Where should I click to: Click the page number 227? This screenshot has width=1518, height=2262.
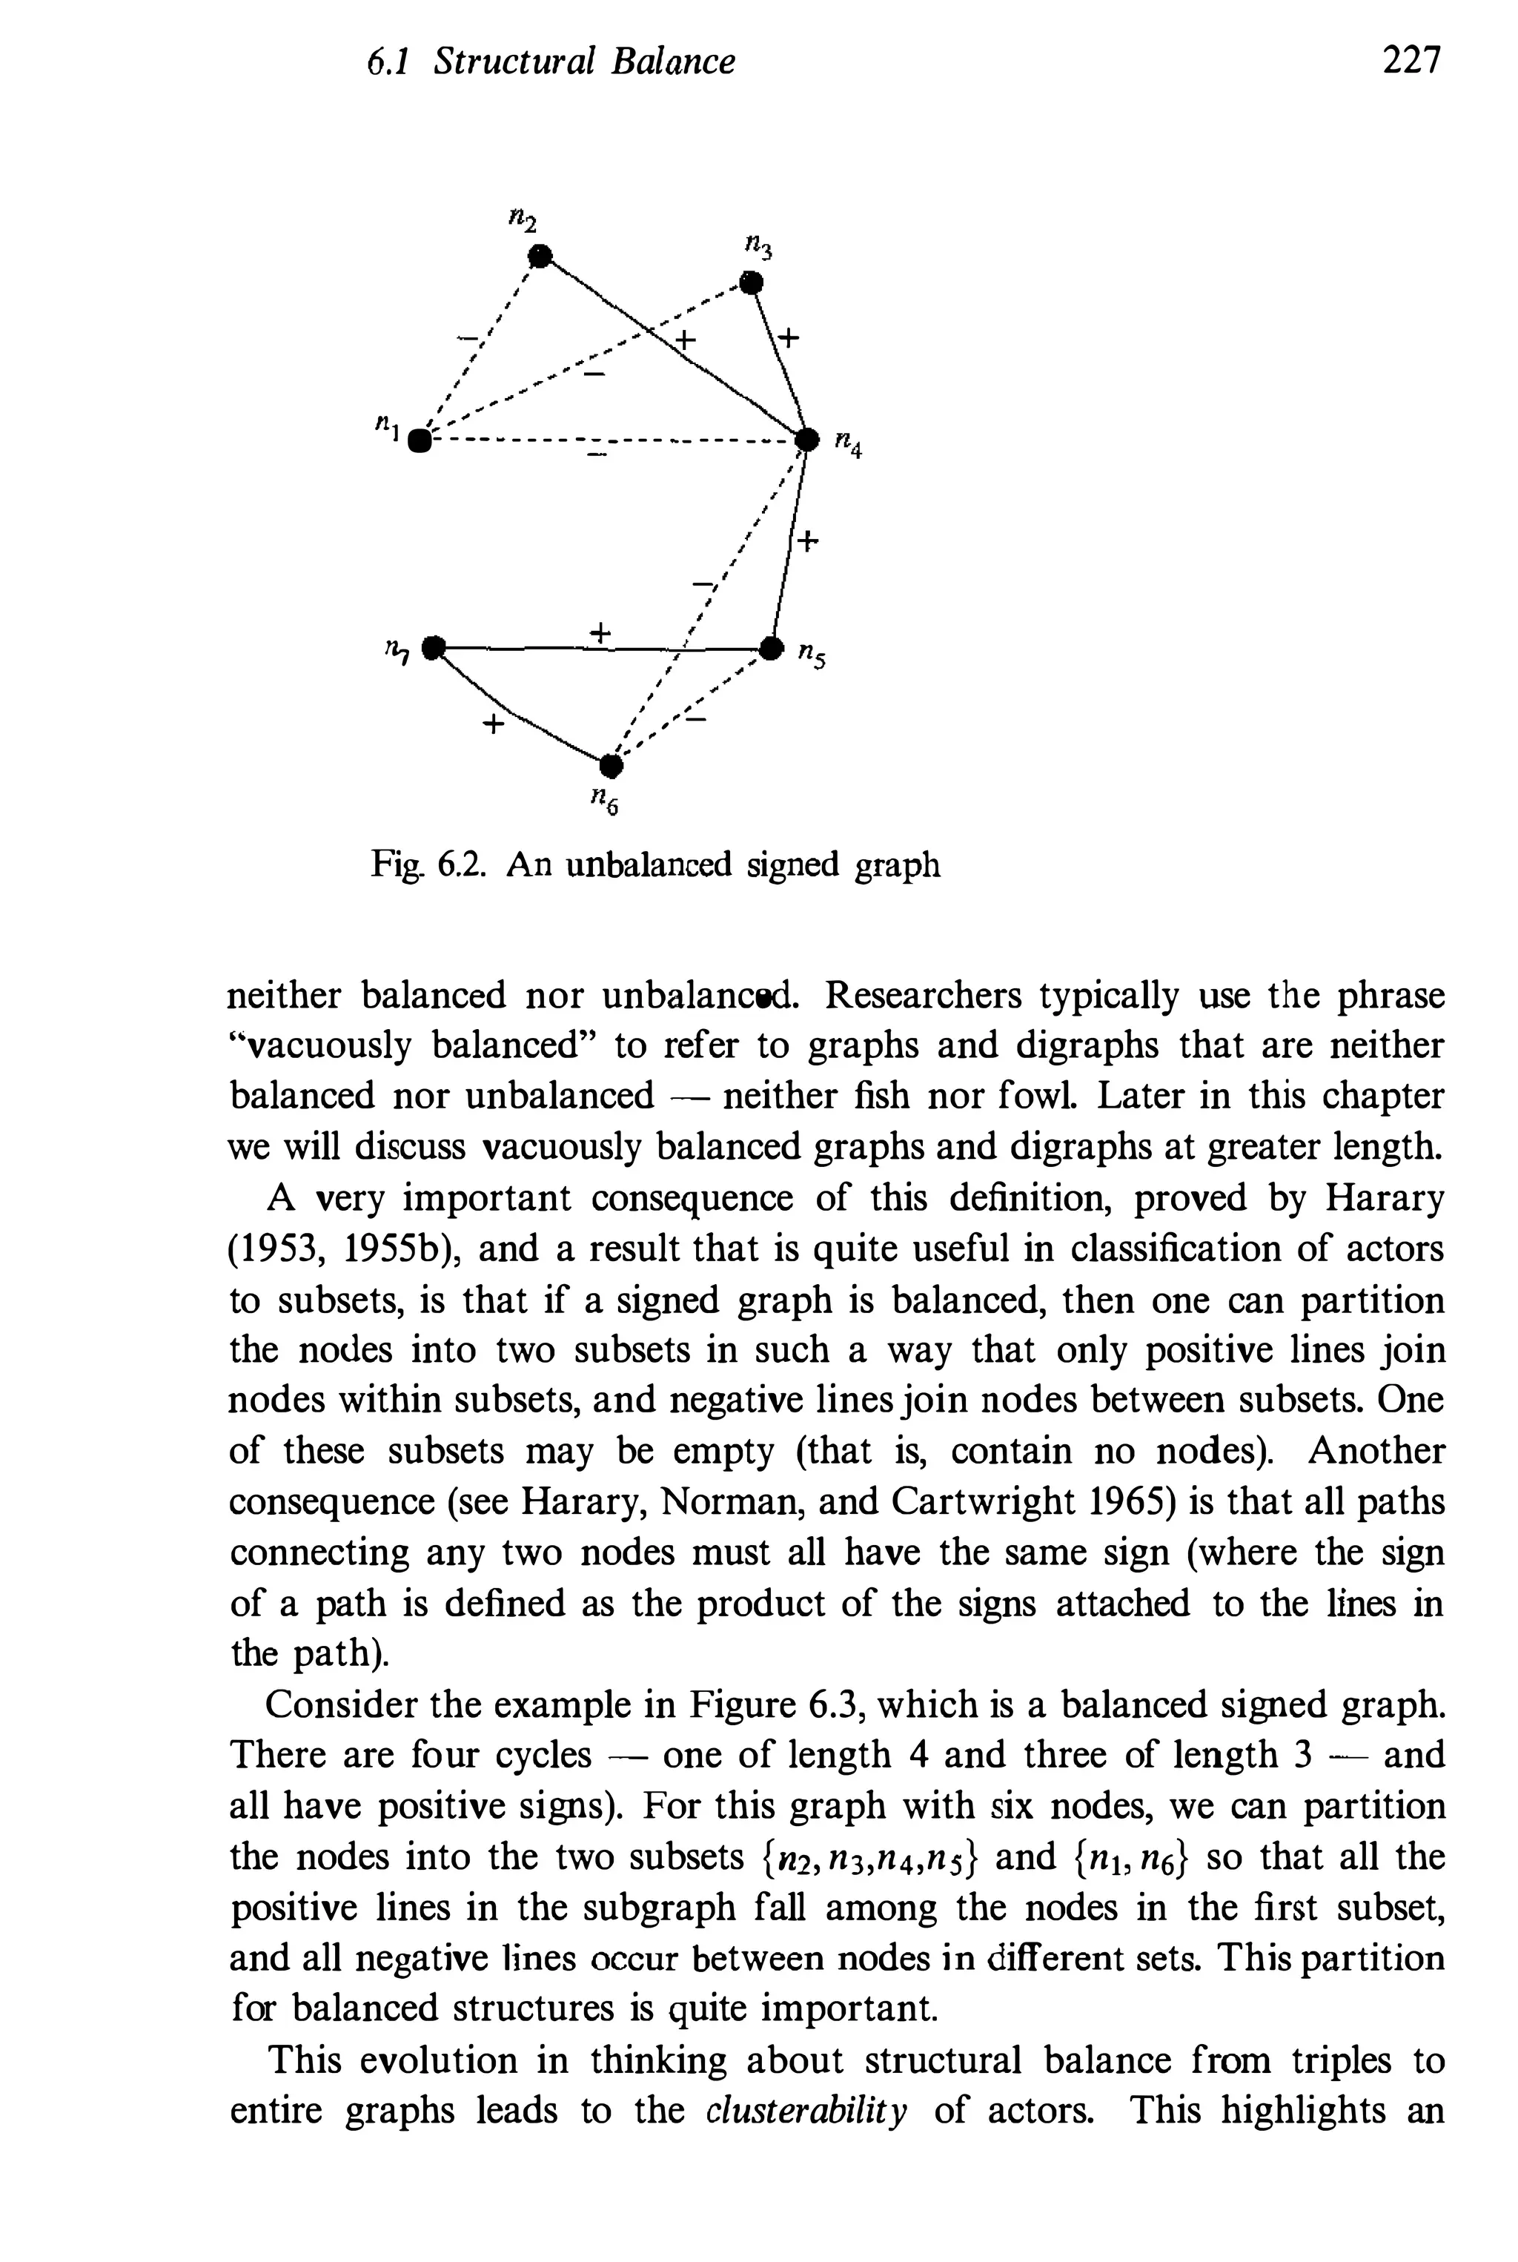[1411, 60]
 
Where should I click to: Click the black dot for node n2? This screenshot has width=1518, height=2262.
[540, 256]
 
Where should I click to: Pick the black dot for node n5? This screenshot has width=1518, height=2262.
[771, 646]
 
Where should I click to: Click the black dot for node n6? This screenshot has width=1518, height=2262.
[609, 766]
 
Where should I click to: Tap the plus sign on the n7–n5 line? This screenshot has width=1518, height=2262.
[600, 632]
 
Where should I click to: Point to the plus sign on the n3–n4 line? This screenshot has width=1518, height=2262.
[789, 338]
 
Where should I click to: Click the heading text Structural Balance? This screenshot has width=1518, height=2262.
[584, 62]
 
